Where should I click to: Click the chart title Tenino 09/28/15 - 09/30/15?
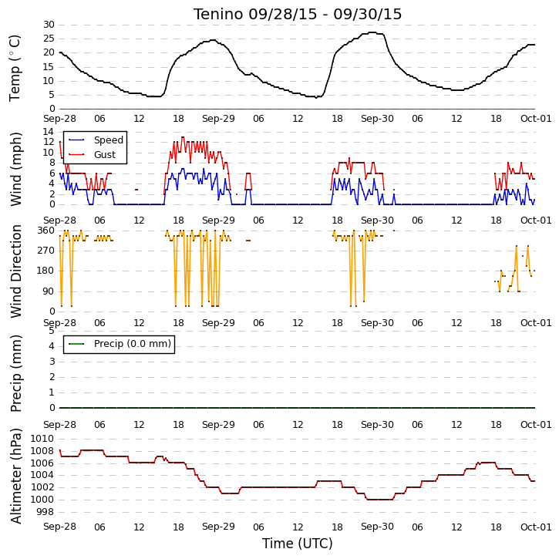click(x=298, y=14)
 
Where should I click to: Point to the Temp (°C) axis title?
click(x=15, y=68)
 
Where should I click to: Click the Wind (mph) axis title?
click(x=15, y=169)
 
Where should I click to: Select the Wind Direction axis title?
click(x=15, y=271)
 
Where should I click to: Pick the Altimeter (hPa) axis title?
click(x=15, y=476)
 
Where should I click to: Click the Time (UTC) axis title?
click(x=298, y=544)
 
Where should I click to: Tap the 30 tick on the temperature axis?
click(x=49, y=25)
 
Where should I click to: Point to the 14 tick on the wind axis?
click(x=49, y=132)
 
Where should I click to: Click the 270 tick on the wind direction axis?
click(x=46, y=251)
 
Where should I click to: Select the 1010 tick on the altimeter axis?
click(x=42, y=439)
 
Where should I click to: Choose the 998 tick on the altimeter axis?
click(x=45, y=512)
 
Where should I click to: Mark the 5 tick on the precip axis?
click(x=52, y=331)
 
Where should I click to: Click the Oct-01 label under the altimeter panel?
click(x=536, y=527)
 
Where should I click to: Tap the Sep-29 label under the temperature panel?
click(x=218, y=119)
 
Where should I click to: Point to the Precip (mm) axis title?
click(x=15, y=373)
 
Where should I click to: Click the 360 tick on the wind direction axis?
click(x=46, y=231)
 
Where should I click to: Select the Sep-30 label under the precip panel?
click(x=377, y=425)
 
